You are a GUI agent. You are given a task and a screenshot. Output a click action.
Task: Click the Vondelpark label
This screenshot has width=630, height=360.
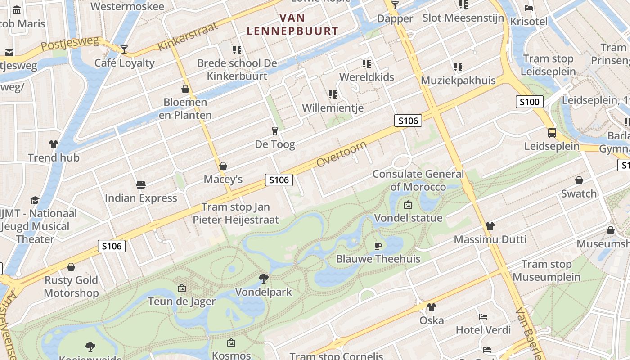pos(264,292)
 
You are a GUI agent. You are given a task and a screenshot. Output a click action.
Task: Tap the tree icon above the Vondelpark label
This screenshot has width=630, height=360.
pos(264,278)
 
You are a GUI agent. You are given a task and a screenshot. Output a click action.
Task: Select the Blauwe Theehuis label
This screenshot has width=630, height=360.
pos(378,259)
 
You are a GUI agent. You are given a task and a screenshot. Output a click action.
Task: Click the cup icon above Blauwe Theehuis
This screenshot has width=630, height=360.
pos(378,245)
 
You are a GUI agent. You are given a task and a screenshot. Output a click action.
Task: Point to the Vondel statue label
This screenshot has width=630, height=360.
pos(409,218)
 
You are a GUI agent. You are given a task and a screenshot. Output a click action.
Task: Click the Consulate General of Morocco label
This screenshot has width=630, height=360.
pos(418,180)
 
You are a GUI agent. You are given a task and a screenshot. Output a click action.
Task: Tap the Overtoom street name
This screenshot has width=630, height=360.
pos(341,154)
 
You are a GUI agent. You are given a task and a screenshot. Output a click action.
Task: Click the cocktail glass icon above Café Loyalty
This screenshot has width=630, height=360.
pos(124,49)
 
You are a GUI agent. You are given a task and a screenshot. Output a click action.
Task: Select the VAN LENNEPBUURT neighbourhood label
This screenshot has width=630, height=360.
pos(292,24)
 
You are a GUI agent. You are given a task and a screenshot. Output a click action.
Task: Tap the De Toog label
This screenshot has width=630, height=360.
pos(275,144)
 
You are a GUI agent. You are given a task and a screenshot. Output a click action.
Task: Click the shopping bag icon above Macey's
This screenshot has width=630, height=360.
pos(223,166)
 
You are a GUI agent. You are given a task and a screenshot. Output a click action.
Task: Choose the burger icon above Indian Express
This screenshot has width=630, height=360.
pos(141,184)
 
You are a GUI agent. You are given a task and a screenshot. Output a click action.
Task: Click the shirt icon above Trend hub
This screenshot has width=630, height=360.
pos(54,144)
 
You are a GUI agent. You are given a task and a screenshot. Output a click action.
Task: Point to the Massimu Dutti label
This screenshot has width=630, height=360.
pos(490,239)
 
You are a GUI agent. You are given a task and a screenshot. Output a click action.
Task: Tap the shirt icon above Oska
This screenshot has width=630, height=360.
pos(432,307)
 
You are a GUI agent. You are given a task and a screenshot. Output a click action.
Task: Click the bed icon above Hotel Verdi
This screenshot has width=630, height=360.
pos(483,317)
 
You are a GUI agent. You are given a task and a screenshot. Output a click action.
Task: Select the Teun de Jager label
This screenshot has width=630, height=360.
pos(182,301)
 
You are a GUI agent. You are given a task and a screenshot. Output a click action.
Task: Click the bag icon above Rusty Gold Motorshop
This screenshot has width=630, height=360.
pos(71,267)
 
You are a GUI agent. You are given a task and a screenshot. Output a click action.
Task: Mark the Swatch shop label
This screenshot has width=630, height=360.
pos(579,193)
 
